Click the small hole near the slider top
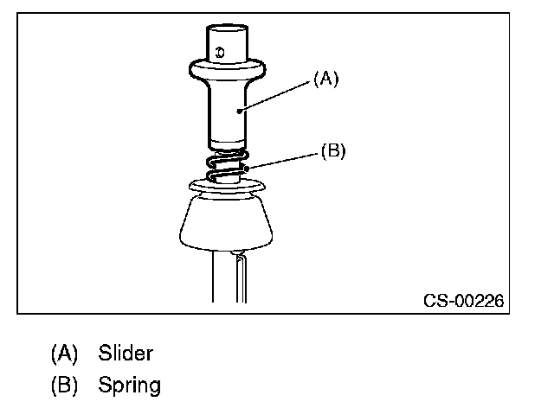pos(221,52)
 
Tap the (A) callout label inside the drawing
pos(325,79)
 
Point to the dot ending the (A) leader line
pos(242,111)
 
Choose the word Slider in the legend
pos(126,353)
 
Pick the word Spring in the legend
pos(129,383)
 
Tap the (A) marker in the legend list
pos(64,353)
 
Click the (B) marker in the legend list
pos(64,383)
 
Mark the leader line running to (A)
pos(277,95)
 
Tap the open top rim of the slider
pos(228,28)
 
